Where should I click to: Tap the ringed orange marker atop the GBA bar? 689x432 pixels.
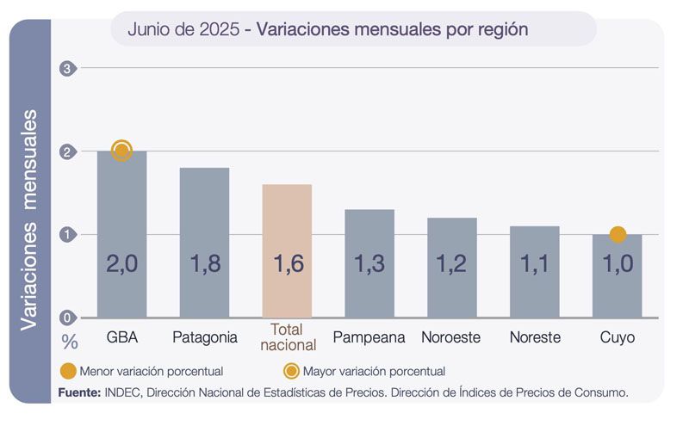click(x=121, y=151)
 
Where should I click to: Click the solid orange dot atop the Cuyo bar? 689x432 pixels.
click(x=617, y=235)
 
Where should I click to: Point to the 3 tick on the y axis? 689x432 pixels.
click(x=67, y=69)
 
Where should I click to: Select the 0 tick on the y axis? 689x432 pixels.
click(x=67, y=318)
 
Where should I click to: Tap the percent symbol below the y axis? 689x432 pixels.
click(x=70, y=342)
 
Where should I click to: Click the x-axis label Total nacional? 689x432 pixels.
click(x=287, y=337)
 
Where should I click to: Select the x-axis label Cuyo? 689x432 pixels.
click(x=617, y=337)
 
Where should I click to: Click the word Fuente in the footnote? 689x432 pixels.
click(x=79, y=392)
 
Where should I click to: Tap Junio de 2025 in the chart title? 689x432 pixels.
click(x=183, y=29)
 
